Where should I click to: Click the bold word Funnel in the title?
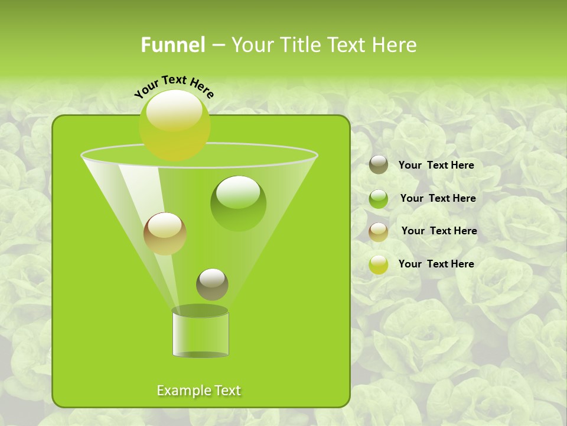(x=173, y=45)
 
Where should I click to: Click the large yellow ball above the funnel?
(x=174, y=125)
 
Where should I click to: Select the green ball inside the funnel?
(x=238, y=203)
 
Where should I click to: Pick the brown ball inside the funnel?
(x=165, y=233)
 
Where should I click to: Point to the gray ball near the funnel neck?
(x=212, y=284)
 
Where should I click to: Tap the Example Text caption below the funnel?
(x=198, y=390)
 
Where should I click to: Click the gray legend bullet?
(x=379, y=165)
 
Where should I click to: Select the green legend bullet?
(x=379, y=199)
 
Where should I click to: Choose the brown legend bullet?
(x=379, y=232)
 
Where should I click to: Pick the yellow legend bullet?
(x=379, y=264)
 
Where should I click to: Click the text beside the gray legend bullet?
(x=436, y=165)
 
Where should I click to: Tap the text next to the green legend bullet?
(x=438, y=198)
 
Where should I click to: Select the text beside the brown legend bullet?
(x=439, y=231)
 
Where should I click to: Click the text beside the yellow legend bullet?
(x=436, y=264)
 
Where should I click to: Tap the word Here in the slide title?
(x=393, y=45)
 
